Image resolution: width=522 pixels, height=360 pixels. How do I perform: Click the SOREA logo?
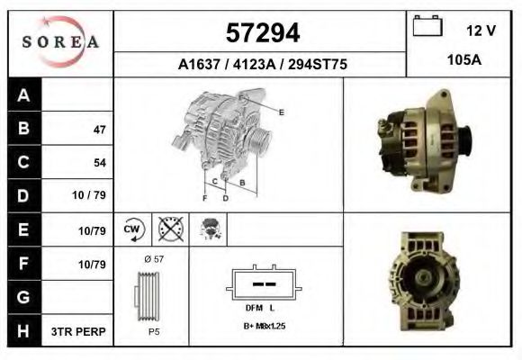60,41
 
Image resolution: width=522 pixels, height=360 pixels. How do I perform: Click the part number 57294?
261,33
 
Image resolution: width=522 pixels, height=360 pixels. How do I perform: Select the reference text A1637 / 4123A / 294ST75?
262,65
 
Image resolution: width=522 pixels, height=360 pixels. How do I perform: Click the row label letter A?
24,96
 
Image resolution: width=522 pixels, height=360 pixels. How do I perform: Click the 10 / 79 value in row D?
91,195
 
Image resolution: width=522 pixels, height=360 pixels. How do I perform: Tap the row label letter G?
24,296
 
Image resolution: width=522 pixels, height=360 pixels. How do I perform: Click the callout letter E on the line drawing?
282,112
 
